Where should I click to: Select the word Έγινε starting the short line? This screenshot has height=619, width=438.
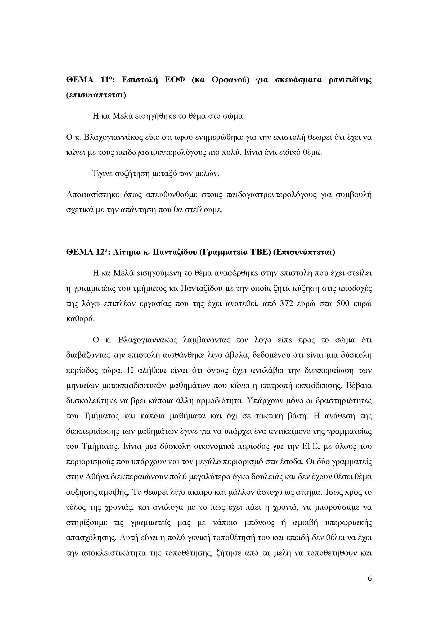point(102,174)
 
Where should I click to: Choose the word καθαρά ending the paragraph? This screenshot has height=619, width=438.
point(81,319)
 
